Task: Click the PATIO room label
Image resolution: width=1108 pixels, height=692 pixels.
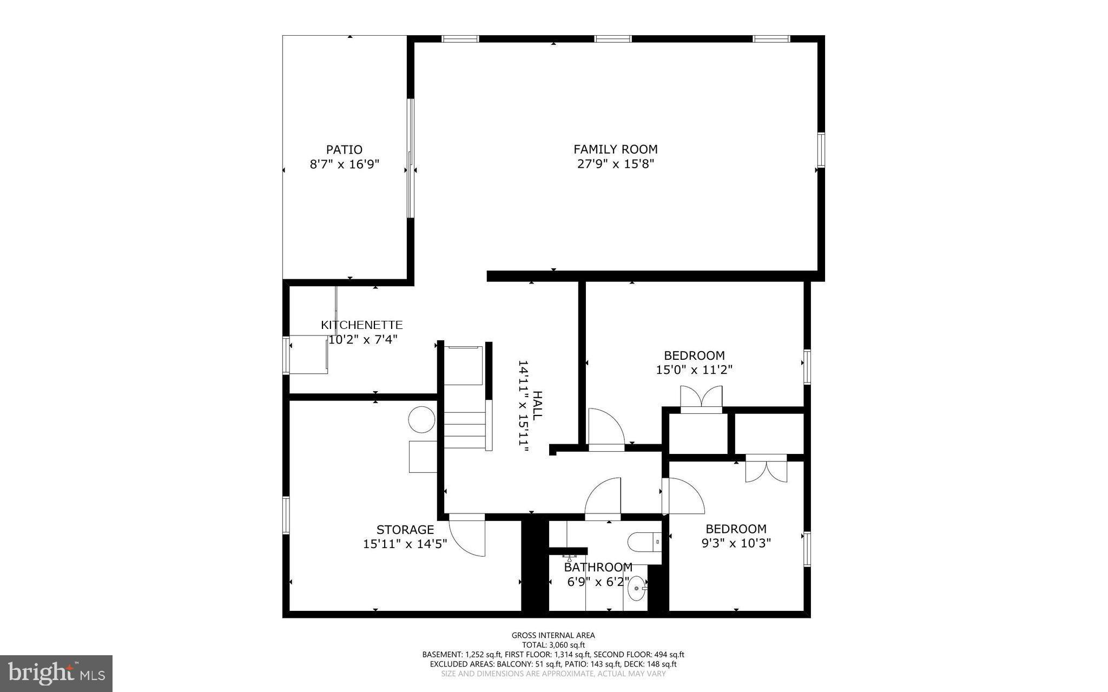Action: [344, 149]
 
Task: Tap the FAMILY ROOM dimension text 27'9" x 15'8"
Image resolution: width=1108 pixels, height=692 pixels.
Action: [616, 164]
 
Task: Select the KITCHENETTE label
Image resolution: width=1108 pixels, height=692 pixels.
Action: [361, 325]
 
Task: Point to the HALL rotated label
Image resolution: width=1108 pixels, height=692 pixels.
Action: [537, 406]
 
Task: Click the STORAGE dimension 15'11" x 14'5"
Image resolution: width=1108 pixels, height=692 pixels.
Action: [405, 544]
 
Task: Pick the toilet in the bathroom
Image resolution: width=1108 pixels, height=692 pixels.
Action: [644, 541]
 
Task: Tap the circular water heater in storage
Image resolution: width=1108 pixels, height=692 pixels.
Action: [421, 419]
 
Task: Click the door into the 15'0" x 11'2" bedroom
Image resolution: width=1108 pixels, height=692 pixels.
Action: [606, 427]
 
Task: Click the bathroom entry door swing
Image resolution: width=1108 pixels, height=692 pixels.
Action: [602, 498]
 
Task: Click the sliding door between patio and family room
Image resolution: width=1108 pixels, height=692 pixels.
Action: [411, 158]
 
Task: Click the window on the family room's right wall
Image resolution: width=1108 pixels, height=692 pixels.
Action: [821, 150]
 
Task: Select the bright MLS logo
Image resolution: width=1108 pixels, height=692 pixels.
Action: [56, 673]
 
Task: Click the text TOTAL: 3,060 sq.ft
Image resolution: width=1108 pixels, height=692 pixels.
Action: [553, 645]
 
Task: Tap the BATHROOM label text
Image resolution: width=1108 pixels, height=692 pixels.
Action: [598, 568]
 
